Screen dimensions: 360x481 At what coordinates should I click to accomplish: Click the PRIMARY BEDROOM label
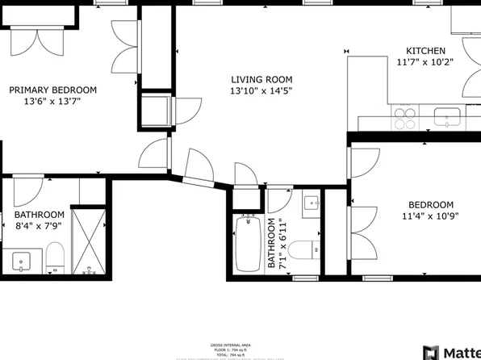pyautogui.click(x=52, y=90)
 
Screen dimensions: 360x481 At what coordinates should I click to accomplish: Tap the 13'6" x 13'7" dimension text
pyautogui.click(x=52, y=102)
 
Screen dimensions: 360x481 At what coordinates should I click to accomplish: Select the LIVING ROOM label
pyautogui.click(x=261, y=79)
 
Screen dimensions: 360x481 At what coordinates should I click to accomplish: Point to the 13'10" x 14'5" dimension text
pyautogui.click(x=261, y=91)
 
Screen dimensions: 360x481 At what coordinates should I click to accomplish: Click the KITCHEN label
pyautogui.click(x=425, y=51)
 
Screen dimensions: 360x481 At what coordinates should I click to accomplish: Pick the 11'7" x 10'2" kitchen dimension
pyautogui.click(x=425, y=62)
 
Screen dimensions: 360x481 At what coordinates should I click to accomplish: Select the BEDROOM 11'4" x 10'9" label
pyautogui.click(x=430, y=210)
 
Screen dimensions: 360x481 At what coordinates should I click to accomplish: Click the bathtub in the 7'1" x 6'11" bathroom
pyautogui.click(x=249, y=245)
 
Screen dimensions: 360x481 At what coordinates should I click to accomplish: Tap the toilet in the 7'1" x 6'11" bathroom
pyautogui.click(x=303, y=249)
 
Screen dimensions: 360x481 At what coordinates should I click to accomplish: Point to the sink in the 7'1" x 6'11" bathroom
pyautogui.click(x=312, y=204)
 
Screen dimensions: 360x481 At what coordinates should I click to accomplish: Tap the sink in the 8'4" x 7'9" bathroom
pyautogui.click(x=21, y=261)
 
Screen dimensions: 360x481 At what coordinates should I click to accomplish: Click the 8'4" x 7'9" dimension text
pyautogui.click(x=39, y=226)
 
